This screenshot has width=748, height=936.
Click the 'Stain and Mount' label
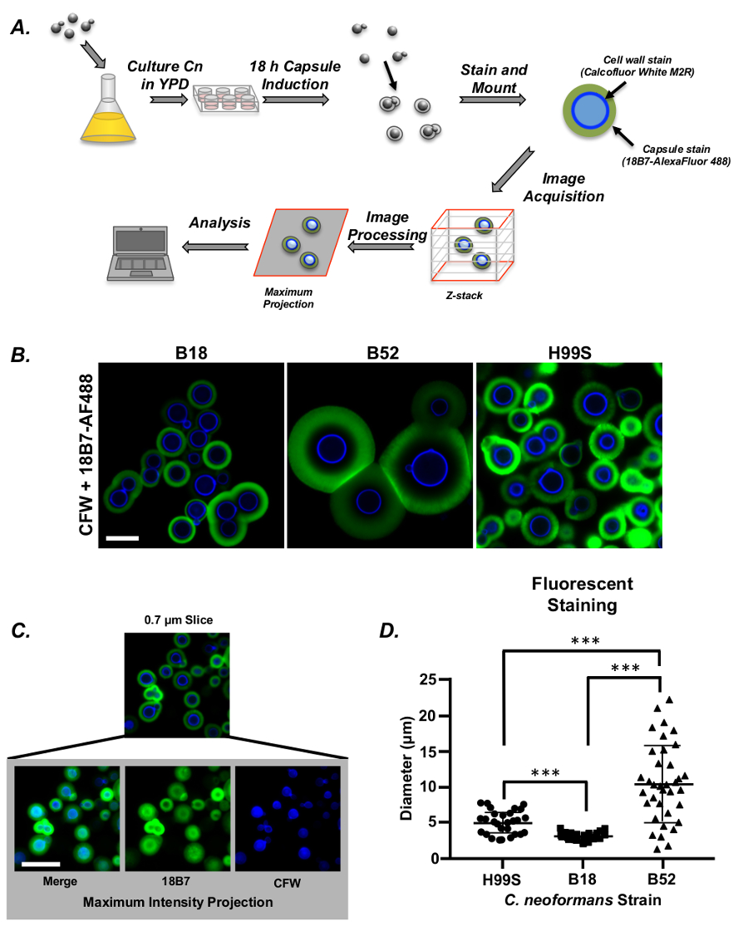pos(494,77)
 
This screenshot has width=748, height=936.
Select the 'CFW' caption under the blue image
pos(288,882)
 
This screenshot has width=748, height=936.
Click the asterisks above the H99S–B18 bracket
pos(544,773)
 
